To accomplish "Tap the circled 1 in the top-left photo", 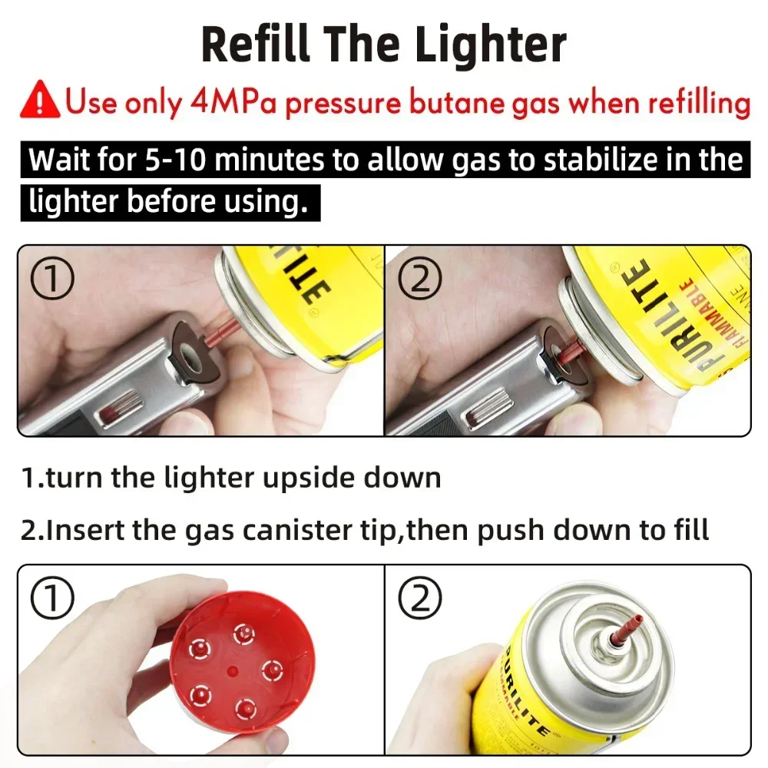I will click(x=52, y=280).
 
